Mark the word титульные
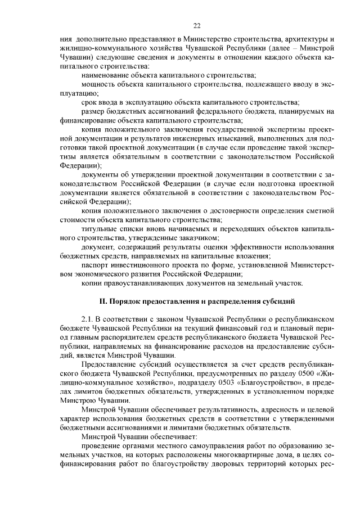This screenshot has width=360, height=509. pos(99,228)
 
